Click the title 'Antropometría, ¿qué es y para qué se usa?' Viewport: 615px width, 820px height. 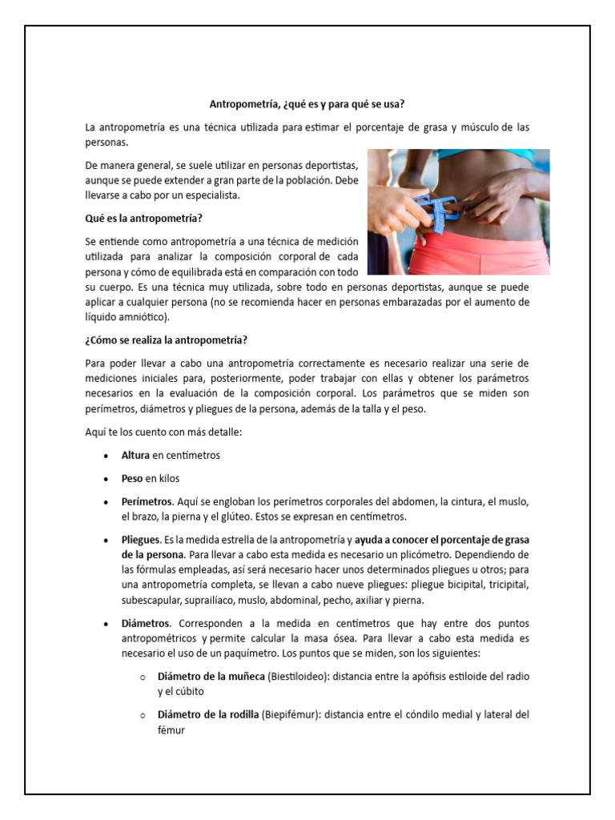click(307, 104)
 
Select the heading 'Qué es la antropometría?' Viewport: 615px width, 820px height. click(142, 218)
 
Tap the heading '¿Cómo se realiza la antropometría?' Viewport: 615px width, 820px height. click(167, 340)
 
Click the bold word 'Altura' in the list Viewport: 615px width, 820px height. click(136, 456)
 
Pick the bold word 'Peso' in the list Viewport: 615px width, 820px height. click(132, 479)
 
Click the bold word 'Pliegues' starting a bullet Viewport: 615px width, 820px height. click(141, 540)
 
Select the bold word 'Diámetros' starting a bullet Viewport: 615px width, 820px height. click(145, 623)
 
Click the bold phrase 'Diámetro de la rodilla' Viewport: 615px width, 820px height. click(208, 715)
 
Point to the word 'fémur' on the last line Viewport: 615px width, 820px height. click(171, 730)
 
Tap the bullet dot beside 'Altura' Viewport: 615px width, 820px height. click(107, 456)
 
